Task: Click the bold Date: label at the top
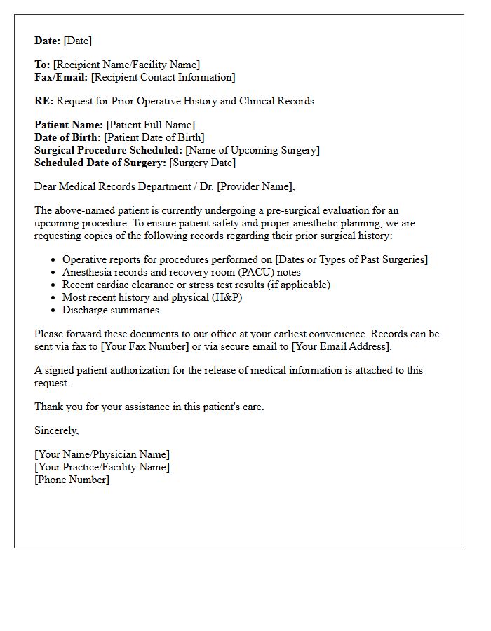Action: click(47, 41)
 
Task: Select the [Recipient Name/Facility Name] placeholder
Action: click(126, 65)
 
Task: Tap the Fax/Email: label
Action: click(61, 77)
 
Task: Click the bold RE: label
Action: click(43, 101)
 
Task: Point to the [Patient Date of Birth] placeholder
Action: click(154, 137)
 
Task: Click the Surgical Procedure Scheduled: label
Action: click(108, 150)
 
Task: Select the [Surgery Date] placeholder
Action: click(203, 163)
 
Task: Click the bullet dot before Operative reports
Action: click(53, 260)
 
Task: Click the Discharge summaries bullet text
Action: click(111, 310)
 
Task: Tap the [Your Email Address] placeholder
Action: click(341, 346)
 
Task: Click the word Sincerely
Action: click(56, 430)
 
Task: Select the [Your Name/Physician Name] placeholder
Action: click(102, 454)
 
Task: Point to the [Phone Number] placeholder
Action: click(72, 480)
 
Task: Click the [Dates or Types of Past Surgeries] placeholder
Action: click(351, 259)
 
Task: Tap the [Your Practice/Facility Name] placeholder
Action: click(102, 467)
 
